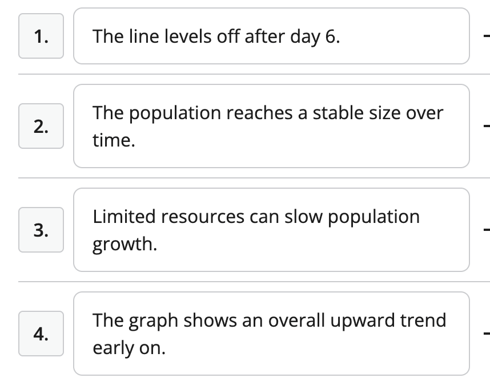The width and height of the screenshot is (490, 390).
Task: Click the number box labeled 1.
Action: pos(41,36)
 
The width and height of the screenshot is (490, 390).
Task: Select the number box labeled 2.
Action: pos(41,126)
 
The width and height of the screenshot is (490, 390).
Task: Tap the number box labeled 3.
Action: pos(41,230)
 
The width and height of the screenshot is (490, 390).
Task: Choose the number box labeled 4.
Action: pos(41,334)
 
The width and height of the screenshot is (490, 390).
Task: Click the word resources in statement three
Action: pos(203,217)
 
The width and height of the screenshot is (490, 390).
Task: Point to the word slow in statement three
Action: pos(303,217)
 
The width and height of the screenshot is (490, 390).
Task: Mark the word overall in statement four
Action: pos(296,320)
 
